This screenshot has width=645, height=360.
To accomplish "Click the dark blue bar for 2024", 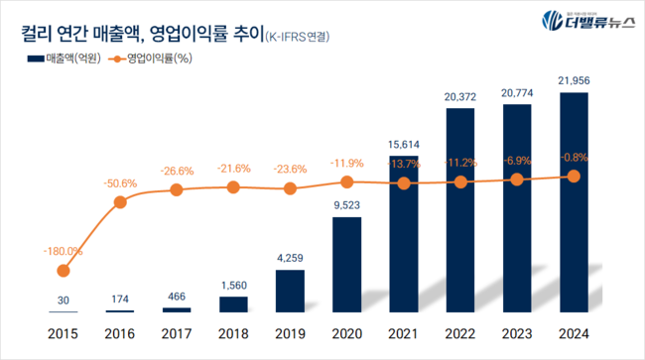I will pos(574,202).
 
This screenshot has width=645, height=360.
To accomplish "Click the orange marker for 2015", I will pos(64,270).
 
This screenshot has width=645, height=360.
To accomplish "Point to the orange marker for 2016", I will pos(120,201).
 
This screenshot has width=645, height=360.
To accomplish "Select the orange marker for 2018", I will pos(233,186).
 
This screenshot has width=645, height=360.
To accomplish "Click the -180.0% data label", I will pos(64,251).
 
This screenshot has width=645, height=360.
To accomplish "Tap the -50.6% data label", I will pos(120,182).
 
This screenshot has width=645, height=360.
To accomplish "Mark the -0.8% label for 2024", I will pos(574,158).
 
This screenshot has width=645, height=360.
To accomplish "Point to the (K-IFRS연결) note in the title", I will pos(297,38).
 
